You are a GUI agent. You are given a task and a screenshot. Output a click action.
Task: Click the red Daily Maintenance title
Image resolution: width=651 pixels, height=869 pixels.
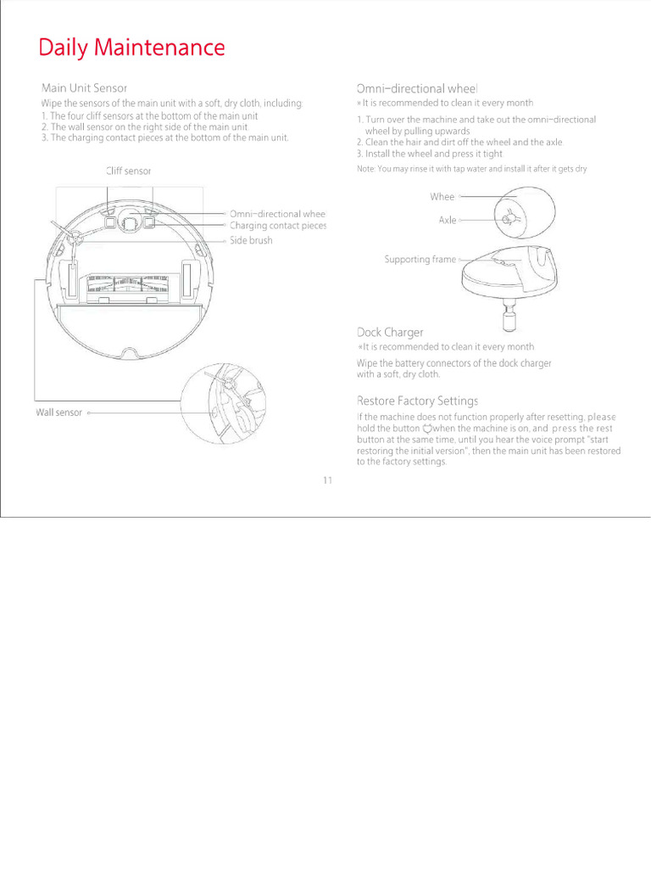(131, 48)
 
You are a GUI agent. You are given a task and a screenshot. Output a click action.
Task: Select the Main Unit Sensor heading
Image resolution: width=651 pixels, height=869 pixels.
(84, 88)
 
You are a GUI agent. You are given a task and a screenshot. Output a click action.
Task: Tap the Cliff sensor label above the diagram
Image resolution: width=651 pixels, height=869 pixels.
(129, 171)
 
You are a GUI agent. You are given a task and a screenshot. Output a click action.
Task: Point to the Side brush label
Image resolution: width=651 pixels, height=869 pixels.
(251, 240)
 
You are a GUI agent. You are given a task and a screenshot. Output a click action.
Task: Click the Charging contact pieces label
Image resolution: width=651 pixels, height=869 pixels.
(278, 226)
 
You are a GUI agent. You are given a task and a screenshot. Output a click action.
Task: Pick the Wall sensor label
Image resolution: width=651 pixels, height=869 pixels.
(58, 412)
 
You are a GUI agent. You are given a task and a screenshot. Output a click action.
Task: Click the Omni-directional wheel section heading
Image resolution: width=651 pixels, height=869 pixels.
(417, 88)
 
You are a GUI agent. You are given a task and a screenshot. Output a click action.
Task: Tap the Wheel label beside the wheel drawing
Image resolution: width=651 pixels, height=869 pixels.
(442, 197)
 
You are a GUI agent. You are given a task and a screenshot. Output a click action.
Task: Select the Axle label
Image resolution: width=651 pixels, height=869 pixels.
(448, 220)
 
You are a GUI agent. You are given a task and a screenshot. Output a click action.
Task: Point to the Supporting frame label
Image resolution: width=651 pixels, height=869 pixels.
(420, 260)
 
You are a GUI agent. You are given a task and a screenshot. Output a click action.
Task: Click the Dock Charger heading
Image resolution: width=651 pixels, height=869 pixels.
(390, 333)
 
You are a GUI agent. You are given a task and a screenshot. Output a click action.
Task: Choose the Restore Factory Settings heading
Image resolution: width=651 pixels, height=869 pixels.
(417, 401)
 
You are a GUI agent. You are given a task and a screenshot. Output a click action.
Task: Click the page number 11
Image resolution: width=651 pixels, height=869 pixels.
(328, 480)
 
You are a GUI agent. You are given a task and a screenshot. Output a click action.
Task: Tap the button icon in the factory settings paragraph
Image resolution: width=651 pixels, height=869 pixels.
(427, 429)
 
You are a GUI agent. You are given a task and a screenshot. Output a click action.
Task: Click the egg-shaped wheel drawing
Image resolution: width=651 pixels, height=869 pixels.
(525, 213)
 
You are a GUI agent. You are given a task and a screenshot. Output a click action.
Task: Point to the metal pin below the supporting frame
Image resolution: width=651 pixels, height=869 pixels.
(509, 316)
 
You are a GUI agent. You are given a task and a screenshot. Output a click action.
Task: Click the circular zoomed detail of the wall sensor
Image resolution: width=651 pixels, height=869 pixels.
(223, 403)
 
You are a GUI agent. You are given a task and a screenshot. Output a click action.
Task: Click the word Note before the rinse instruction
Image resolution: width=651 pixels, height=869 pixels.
(365, 169)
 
